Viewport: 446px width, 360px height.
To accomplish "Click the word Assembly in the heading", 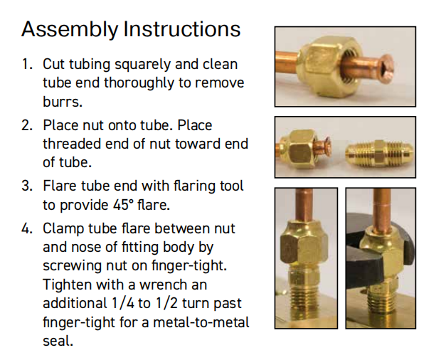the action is click(x=70, y=30).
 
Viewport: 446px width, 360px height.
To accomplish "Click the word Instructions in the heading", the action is click(x=182, y=28).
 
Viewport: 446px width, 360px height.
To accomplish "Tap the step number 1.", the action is click(x=27, y=64).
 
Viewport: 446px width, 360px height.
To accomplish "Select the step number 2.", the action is click(x=27, y=125).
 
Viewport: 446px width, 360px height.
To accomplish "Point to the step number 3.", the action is click(x=27, y=186).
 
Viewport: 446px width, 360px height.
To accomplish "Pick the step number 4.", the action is click(x=27, y=228).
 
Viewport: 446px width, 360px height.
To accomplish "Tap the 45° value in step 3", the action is click(x=124, y=205).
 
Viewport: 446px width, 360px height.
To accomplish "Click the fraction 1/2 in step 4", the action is click(x=166, y=303).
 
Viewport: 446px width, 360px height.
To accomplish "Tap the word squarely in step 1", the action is click(x=143, y=65).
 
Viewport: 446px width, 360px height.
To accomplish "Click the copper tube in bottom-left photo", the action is click(x=304, y=205).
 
